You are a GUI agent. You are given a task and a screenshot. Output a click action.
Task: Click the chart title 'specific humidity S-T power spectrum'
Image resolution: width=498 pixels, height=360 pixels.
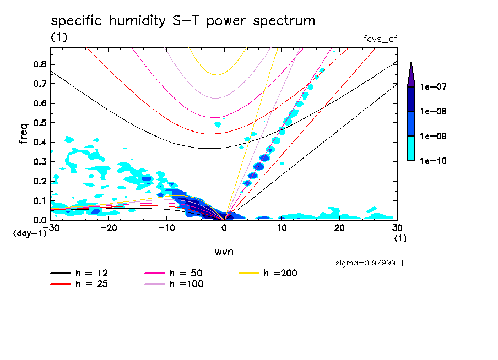point(183,21)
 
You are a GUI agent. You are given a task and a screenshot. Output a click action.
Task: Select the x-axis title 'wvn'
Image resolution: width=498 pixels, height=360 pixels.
point(223,252)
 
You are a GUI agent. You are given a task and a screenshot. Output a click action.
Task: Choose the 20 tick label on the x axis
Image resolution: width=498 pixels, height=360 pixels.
point(339,227)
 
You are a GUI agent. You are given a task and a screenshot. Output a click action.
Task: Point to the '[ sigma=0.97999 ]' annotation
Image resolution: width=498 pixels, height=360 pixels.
point(365,263)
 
